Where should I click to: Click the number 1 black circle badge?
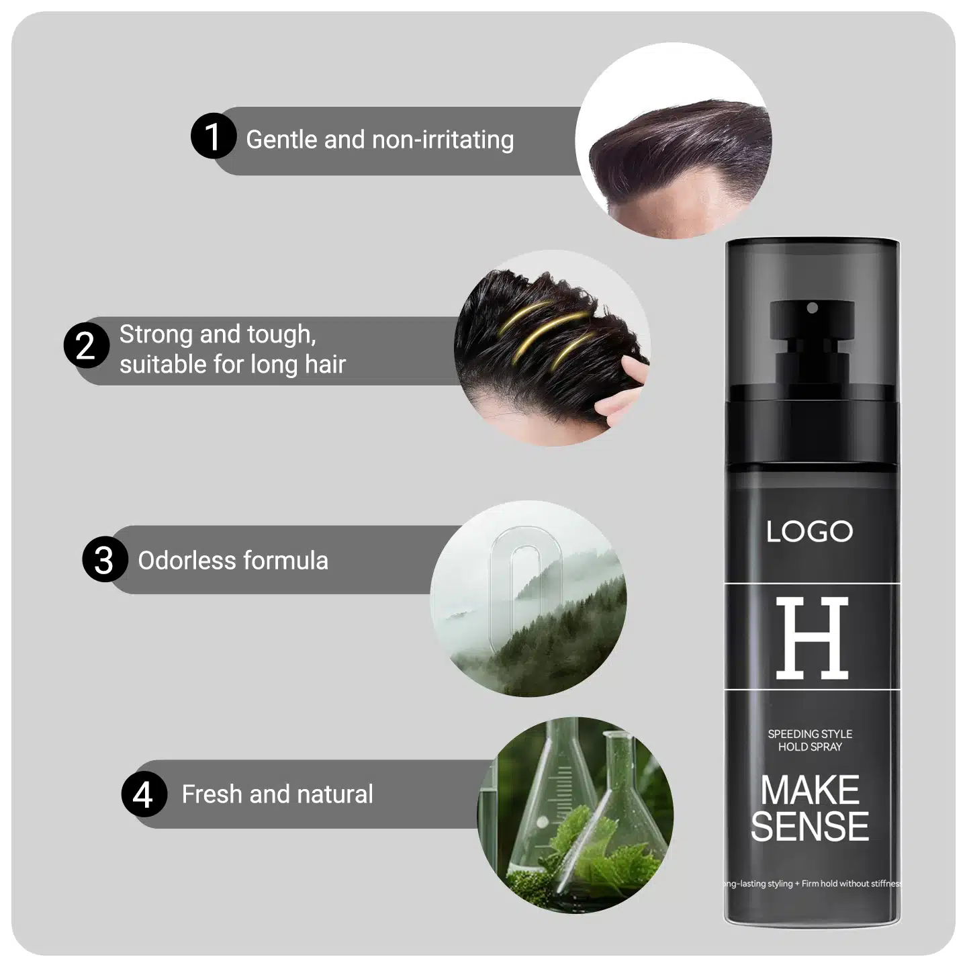point(214,136)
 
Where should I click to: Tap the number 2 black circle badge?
point(87,345)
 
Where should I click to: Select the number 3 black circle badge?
point(105,559)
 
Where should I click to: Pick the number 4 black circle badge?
point(144,793)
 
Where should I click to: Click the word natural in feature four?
point(334,794)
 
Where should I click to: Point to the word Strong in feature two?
point(156,335)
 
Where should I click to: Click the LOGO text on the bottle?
point(809,531)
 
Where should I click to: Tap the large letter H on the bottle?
point(812,638)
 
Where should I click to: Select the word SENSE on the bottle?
point(810,827)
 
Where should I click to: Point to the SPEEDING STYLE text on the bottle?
point(810,734)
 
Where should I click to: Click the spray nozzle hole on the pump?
point(813,308)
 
